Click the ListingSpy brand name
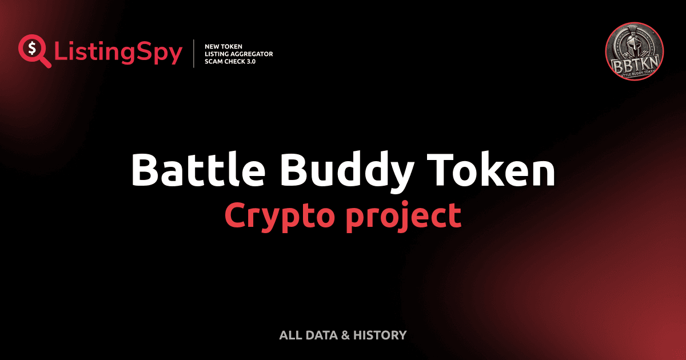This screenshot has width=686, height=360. (118, 53)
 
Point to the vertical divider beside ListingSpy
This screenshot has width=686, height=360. (194, 54)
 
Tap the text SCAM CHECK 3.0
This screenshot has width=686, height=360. (230, 61)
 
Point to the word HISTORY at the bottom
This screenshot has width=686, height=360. (380, 335)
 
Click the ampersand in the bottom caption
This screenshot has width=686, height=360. (344, 335)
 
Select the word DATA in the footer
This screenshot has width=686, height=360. (321, 335)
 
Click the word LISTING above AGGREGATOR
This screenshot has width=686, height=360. (218, 54)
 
